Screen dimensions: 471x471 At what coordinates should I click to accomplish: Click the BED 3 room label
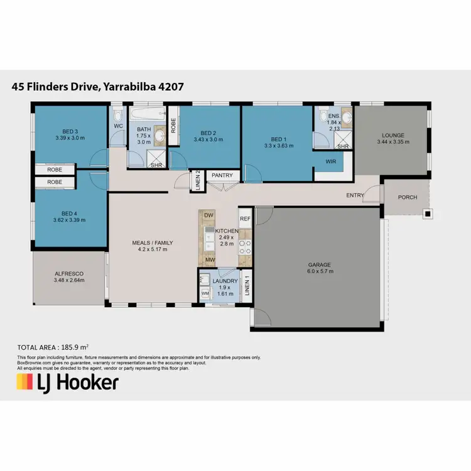(70, 132)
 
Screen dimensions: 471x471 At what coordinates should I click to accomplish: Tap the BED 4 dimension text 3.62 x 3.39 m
(70, 220)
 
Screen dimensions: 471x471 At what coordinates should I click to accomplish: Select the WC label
(118, 126)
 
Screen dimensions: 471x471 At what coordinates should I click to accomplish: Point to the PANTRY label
(222, 175)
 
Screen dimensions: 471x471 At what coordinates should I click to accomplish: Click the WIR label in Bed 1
(330, 161)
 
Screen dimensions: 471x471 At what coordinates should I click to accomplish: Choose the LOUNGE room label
(393, 135)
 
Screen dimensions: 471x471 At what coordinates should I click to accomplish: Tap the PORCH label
(408, 197)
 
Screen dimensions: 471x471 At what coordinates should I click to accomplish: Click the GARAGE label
(319, 264)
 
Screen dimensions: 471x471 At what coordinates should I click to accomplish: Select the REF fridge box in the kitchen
(245, 219)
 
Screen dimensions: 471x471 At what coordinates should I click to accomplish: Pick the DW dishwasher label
(208, 216)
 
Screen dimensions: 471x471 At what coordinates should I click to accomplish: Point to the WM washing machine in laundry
(205, 293)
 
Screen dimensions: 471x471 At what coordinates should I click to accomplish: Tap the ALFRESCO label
(69, 274)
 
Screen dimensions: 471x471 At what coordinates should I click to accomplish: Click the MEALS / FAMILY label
(152, 242)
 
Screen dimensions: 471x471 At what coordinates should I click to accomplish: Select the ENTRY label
(355, 195)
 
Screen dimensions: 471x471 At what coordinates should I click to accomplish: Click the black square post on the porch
(428, 214)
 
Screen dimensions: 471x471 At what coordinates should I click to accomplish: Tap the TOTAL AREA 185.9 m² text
(52, 346)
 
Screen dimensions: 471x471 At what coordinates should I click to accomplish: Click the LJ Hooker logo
(67, 382)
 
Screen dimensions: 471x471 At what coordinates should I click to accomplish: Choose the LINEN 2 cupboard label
(197, 180)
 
